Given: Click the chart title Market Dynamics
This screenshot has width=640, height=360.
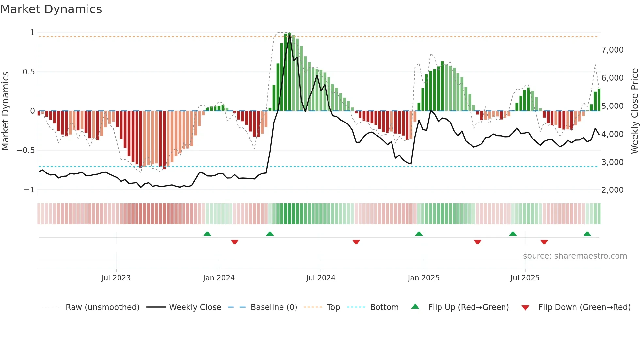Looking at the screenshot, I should pos(51,9).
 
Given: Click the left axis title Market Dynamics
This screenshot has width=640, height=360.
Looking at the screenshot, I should pos(6,111).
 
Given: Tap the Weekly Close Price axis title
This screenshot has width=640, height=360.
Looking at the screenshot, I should pos(634,111).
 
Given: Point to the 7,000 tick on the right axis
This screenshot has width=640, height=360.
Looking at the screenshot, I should pos(612,50).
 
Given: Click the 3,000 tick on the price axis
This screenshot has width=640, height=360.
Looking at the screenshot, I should pos(612,162).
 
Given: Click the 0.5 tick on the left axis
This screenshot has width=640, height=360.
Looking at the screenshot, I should pos(28,72).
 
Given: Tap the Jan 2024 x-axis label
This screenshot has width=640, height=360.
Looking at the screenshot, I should pos(219,278).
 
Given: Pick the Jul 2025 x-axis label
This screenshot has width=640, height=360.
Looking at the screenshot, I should pos(525,278).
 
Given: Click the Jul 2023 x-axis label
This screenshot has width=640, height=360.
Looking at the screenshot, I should pos(116,278).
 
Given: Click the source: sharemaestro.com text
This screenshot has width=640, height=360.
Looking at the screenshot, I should pos(575,256).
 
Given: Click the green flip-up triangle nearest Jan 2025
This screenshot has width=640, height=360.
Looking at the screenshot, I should pos(419,234).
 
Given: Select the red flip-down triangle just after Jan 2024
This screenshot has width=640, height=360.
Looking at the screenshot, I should pos(235,242).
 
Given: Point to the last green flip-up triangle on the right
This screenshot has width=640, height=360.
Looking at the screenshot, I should pos(587,234).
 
